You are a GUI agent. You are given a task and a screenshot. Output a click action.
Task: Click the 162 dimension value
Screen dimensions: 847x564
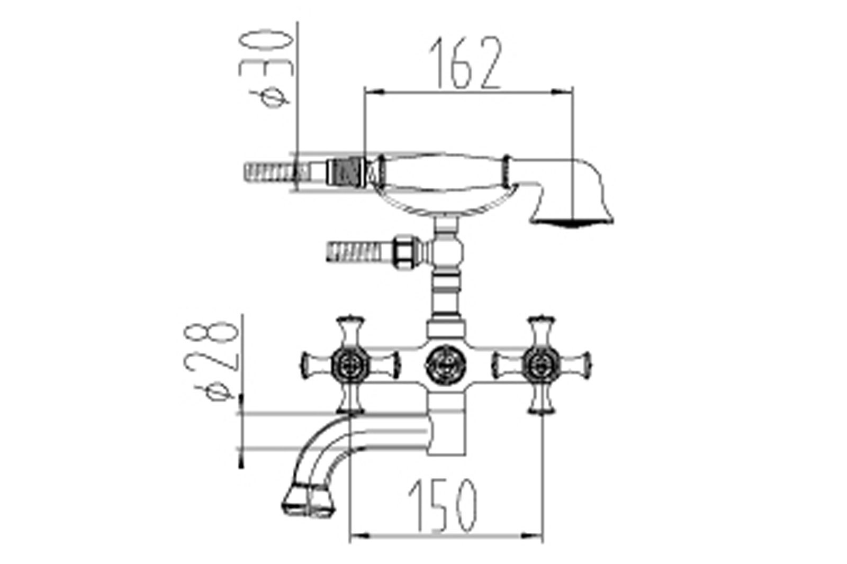[x=465, y=63]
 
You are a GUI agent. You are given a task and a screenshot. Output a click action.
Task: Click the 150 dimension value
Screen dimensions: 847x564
[x=443, y=505]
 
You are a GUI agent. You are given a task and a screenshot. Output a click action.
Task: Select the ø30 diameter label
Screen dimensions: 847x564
[x=265, y=69]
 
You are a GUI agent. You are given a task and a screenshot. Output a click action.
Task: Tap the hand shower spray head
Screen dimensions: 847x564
[x=571, y=219]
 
